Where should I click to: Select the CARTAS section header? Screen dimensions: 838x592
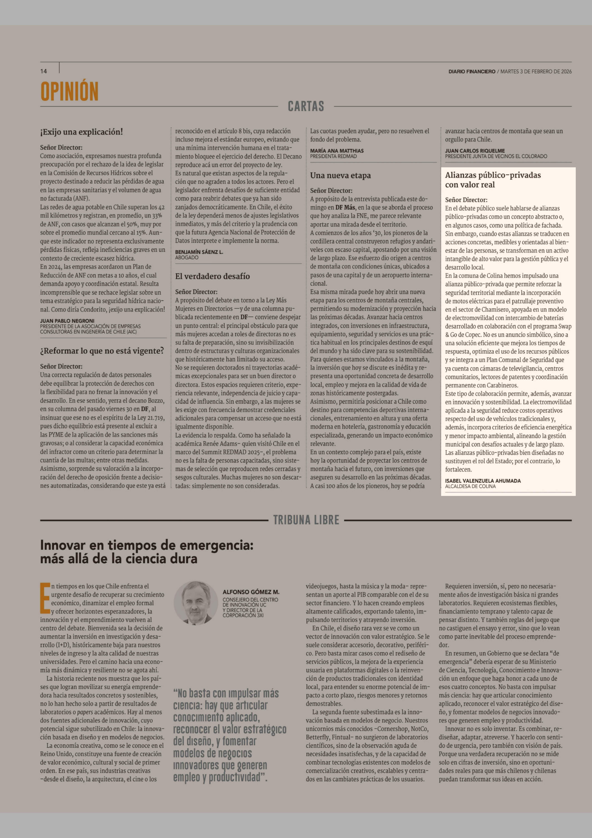pos(306,106)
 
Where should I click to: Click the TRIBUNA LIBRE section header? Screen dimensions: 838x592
pos(306,520)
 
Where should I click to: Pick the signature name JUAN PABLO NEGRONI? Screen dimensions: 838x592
pos(67,321)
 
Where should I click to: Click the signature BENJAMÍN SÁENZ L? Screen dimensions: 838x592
pos(199,252)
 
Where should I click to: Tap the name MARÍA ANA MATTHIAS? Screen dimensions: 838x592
pos(337,151)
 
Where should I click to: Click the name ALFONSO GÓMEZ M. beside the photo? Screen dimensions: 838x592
pos(251,592)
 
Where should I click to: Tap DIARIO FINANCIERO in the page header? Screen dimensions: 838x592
pos(472,72)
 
